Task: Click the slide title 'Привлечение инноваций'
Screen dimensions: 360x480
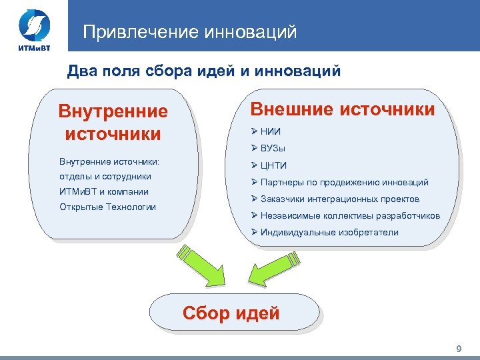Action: click(x=190, y=32)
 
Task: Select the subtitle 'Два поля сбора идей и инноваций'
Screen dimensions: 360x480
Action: click(x=205, y=71)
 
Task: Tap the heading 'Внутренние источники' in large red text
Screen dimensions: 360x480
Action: click(x=113, y=122)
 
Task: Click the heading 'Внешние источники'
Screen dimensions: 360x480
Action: click(x=342, y=109)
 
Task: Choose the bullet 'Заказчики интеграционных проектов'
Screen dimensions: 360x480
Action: click(x=341, y=199)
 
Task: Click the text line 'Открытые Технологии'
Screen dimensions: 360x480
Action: click(x=107, y=207)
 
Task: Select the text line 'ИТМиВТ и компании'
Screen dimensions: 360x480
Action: click(x=104, y=191)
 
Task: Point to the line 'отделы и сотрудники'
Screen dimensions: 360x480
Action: click(x=105, y=177)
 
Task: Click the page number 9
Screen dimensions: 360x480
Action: click(x=458, y=349)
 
